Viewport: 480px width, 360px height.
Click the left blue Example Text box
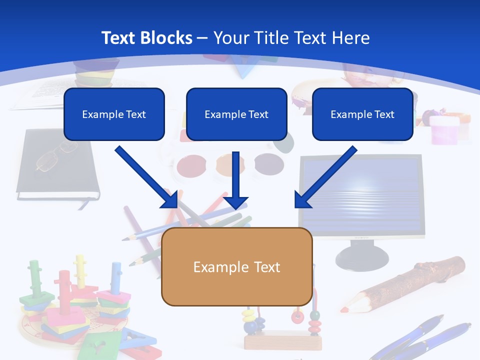114,114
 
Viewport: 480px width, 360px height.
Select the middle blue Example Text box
236,114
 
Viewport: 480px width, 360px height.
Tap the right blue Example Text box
362,114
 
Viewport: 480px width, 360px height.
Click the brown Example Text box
236,266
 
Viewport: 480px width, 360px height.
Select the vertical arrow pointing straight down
235,180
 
